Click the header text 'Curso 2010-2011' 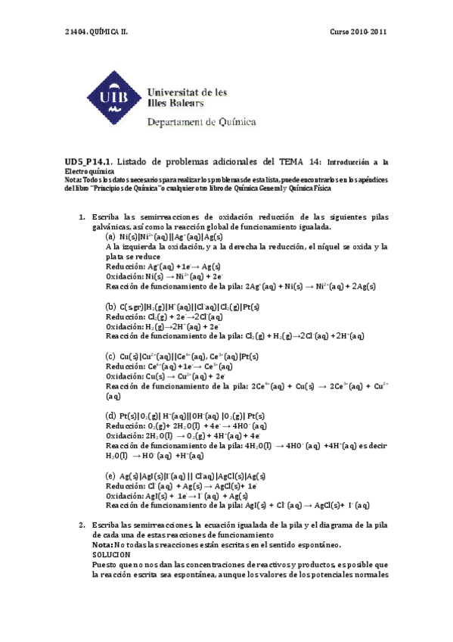click(x=359, y=32)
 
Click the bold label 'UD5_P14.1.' click(x=88, y=161)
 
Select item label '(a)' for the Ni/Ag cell click(x=111, y=237)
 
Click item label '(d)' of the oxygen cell click(x=111, y=416)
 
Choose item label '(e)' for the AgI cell click(x=111, y=475)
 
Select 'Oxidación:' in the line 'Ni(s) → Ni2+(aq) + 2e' click(x=126, y=276)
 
